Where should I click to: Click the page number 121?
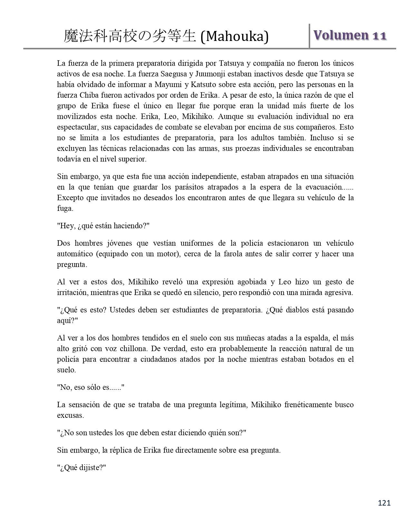click(x=384, y=503)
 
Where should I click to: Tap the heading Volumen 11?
click(x=350, y=35)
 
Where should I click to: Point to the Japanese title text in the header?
click(x=130, y=36)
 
